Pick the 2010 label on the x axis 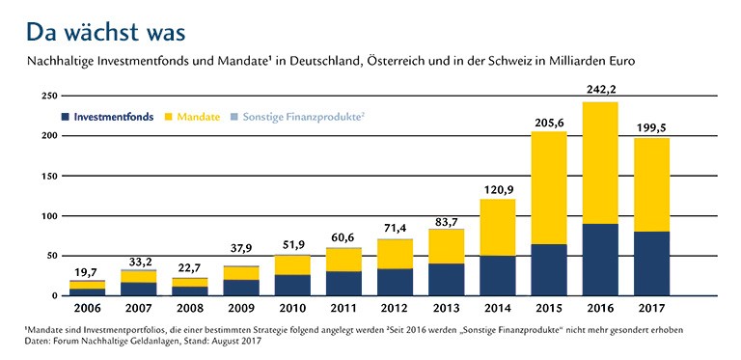pyautogui.click(x=292, y=310)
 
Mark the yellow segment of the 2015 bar pyautogui.click(x=548, y=194)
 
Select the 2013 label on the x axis pyautogui.click(x=447, y=310)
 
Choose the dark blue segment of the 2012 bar pyautogui.click(x=395, y=282)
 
